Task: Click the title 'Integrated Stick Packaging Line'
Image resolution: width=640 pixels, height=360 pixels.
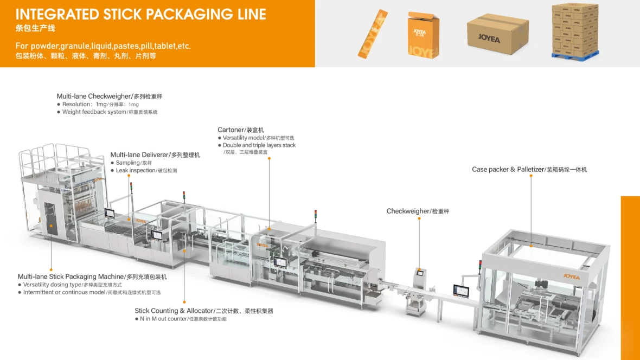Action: (x=141, y=14)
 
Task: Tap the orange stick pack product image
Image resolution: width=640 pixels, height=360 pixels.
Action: (x=373, y=34)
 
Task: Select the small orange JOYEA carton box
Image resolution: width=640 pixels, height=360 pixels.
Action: (x=423, y=35)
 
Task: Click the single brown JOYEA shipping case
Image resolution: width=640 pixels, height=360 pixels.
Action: (x=498, y=35)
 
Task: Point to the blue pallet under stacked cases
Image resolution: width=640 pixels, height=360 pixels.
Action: (x=575, y=55)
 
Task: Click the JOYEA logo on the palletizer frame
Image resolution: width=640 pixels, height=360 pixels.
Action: (x=572, y=277)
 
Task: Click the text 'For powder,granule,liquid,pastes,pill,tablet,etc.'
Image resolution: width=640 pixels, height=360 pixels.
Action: (x=103, y=46)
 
